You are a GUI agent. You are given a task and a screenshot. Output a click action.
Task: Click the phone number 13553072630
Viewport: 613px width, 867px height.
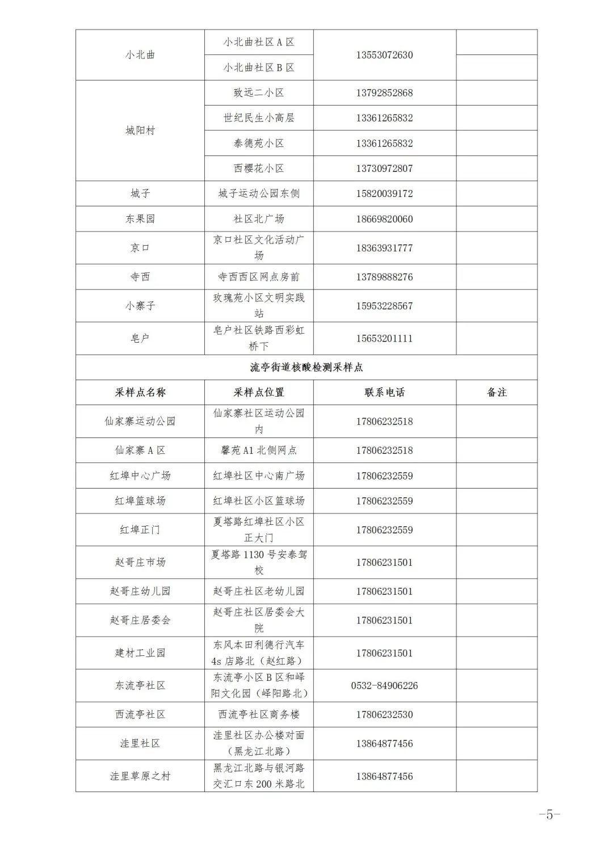(x=384, y=55)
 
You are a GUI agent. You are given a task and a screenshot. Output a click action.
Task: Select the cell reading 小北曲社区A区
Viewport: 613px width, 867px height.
(x=258, y=43)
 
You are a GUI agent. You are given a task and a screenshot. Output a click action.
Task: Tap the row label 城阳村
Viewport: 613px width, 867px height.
(x=140, y=131)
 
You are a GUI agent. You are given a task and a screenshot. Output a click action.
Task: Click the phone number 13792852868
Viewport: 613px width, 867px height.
(x=384, y=93)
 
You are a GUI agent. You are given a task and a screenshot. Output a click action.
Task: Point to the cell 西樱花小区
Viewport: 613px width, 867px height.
(x=258, y=169)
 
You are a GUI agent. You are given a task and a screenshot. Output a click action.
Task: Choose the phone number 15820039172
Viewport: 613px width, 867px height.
(x=384, y=193)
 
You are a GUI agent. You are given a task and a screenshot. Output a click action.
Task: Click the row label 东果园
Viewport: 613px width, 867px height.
(x=140, y=219)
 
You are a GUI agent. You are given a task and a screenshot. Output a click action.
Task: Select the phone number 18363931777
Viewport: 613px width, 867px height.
(x=384, y=248)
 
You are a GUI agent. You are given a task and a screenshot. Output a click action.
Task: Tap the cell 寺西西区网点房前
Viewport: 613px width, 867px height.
(x=258, y=277)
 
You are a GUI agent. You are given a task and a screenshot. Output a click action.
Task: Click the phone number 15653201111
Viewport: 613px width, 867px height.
(x=384, y=339)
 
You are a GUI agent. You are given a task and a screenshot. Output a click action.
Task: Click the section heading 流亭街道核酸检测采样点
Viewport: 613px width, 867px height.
(x=306, y=367)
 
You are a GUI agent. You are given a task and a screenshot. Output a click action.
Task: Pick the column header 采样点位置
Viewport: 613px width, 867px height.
(x=258, y=392)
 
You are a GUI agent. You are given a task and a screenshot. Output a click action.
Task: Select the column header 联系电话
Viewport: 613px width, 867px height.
(x=384, y=392)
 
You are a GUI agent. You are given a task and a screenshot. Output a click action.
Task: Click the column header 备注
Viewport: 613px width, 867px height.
(x=497, y=392)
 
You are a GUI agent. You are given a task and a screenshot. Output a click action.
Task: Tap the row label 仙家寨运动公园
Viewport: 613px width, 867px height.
(x=140, y=421)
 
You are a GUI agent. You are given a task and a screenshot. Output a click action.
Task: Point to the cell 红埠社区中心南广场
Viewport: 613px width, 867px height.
(x=258, y=475)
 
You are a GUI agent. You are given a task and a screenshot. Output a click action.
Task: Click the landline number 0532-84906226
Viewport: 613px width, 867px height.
(x=384, y=685)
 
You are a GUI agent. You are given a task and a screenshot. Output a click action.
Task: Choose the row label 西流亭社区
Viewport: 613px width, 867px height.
(x=140, y=714)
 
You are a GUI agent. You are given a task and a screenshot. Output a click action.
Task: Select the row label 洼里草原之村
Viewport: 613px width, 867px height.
(x=140, y=776)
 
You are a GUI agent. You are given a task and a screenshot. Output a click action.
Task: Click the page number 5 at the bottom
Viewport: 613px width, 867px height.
(x=549, y=815)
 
